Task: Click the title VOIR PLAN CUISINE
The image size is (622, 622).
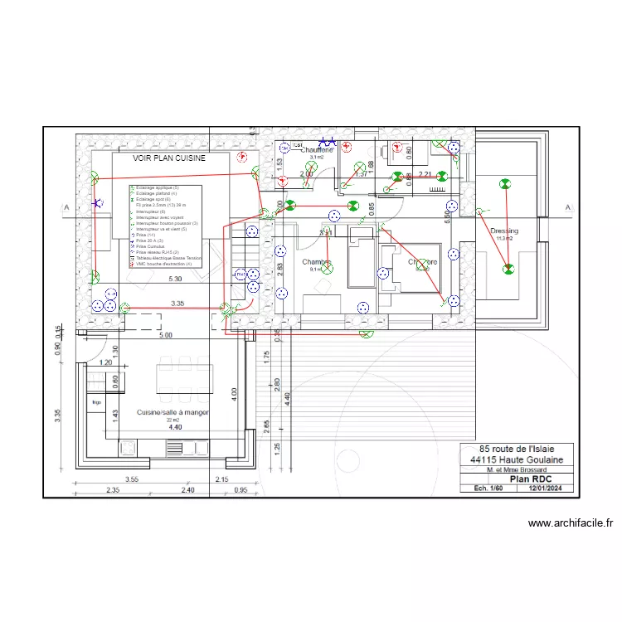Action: tap(169, 158)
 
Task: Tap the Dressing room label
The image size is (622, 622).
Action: tap(504, 231)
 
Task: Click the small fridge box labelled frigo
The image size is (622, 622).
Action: tap(96, 403)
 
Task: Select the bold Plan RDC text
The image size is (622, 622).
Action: tap(531, 479)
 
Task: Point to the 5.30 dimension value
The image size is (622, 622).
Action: tap(176, 279)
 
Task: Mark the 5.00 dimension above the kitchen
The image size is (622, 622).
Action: tap(165, 335)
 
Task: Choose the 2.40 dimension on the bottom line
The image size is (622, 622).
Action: tap(187, 490)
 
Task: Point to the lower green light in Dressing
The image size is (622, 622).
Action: tap(507, 268)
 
